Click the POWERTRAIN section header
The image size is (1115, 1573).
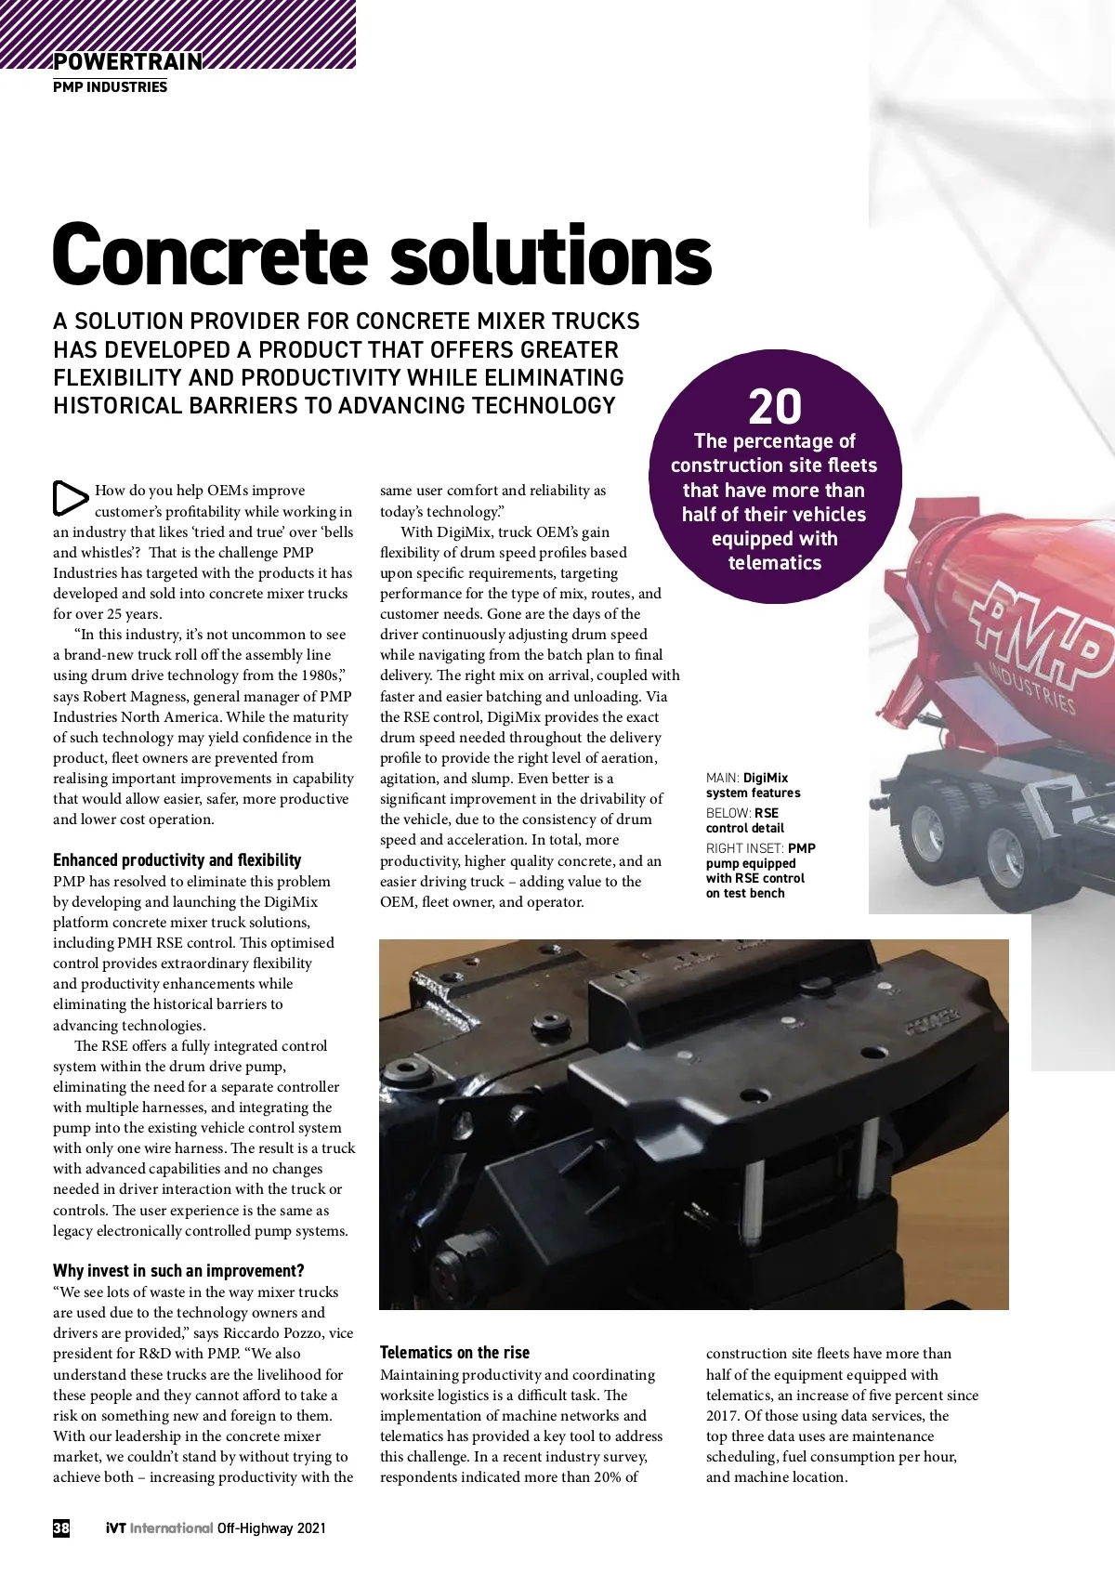coord(127,61)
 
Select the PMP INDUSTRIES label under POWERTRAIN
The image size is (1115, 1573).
coord(110,87)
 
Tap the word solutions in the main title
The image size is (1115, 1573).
coord(550,256)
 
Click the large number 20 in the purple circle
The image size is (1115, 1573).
coord(775,407)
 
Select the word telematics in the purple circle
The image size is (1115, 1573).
coord(775,563)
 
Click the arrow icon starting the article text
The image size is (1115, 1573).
coord(70,497)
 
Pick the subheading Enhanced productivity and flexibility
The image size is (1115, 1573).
coord(177,860)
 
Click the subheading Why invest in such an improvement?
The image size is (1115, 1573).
coord(178,1271)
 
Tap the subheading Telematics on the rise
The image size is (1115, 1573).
coord(454,1353)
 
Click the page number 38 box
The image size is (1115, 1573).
coord(61,1527)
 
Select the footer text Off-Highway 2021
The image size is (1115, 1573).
coord(271,1527)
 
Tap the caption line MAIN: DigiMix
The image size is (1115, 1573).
coord(747,778)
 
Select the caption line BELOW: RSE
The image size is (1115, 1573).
coord(742,813)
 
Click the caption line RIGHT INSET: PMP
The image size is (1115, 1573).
coord(761,848)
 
